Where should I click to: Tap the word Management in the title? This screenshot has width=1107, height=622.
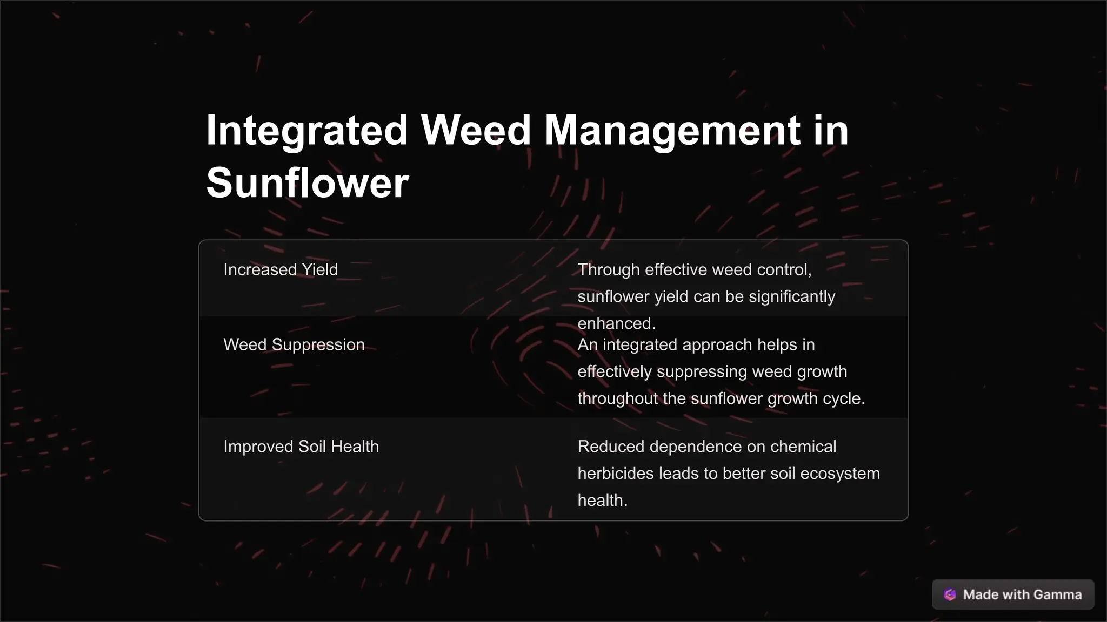point(672,131)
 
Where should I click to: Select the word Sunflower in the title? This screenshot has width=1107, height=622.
point(307,183)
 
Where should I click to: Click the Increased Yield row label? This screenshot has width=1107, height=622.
point(281,269)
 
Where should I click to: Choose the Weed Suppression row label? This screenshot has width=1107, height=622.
point(294,344)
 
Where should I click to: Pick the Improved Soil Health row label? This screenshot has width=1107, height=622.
point(301,447)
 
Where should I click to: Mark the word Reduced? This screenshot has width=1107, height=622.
point(611,447)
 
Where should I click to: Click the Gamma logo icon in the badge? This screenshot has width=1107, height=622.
point(950,594)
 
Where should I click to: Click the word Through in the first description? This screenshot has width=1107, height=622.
point(609,269)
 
